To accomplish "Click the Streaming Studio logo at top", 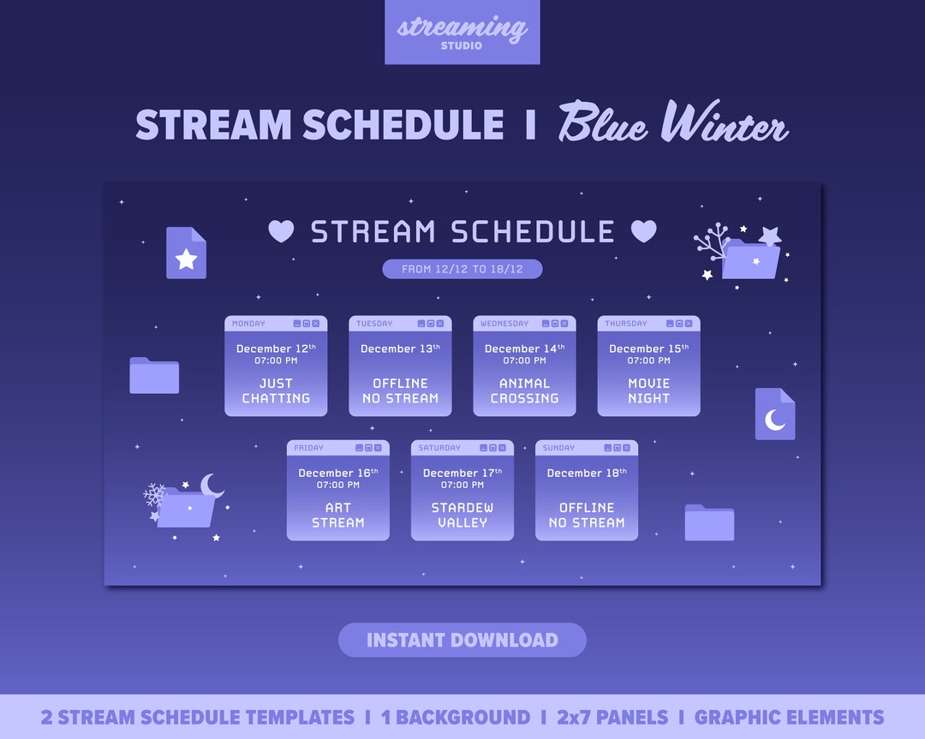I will tap(462, 32).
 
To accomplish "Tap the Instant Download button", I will tap(462, 640).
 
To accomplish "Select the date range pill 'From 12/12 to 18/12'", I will tap(462, 269).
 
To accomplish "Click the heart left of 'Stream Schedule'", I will tap(281, 231).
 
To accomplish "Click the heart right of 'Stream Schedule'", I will tap(643, 231).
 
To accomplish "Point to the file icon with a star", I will tap(186, 253).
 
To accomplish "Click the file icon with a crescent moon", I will tap(774, 414).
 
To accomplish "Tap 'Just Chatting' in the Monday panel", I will tap(276, 390).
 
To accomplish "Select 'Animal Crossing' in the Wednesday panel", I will tap(524, 390).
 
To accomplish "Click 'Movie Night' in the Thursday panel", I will tap(648, 390).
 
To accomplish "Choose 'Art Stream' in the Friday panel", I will tap(337, 515).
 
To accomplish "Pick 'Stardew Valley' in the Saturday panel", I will tap(462, 515).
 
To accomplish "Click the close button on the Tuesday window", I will tap(440, 324).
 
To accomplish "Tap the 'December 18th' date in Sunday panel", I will tap(586, 473).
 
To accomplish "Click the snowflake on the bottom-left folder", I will tap(154, 494).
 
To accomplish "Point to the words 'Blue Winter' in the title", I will tap(672, 125).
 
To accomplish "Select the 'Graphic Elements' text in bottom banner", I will tap(789, 718).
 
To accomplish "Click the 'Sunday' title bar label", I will tap(558, 448).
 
